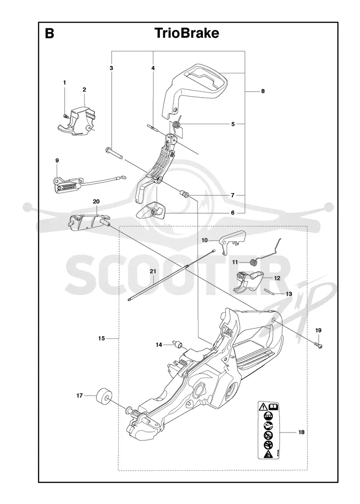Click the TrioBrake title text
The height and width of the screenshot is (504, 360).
(x=187, y=33)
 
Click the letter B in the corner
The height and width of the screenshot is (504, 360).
(x=49, y=33)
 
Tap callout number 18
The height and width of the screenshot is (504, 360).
(x=301, y=432)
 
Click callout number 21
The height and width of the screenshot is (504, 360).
(x=153, y=272)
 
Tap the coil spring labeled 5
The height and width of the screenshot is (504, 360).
(x=176, y=124)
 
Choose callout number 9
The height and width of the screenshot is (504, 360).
(x=57, y=160)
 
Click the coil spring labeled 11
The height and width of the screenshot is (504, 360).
(x=254, y=263)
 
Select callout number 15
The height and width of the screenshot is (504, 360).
(x=102, y=338)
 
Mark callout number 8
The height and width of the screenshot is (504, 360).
(x=263, y=91)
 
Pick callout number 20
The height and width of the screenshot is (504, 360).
(x=96, y=202)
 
